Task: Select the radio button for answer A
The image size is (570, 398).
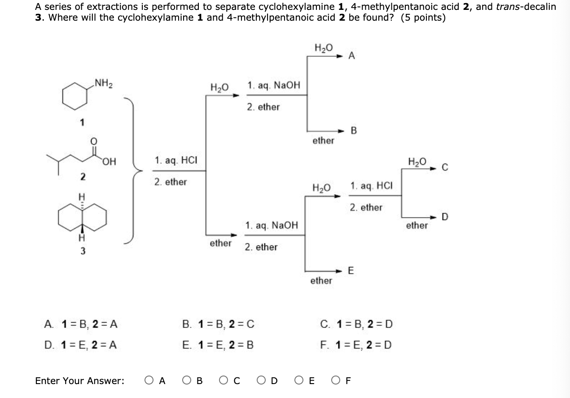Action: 149,381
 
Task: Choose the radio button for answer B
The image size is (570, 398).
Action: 187,381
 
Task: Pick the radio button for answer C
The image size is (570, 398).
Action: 224,381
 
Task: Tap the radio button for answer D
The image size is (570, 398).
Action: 261,381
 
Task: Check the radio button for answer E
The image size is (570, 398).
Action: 298,381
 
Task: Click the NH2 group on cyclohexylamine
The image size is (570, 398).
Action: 103,83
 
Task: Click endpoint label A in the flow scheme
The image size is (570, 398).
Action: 352,56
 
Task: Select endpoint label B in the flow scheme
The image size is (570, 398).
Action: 353,131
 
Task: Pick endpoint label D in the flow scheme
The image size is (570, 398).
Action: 444,217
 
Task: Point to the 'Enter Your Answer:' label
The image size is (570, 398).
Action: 79,381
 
